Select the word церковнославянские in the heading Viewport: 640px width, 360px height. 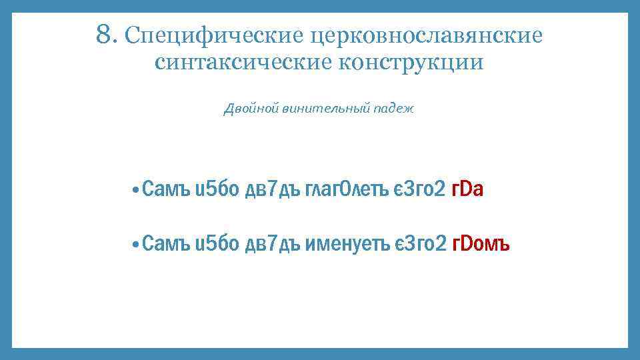coord(429,35)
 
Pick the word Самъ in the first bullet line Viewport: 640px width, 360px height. coord(166,190)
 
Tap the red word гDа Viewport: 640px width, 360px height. coord(467,190)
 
